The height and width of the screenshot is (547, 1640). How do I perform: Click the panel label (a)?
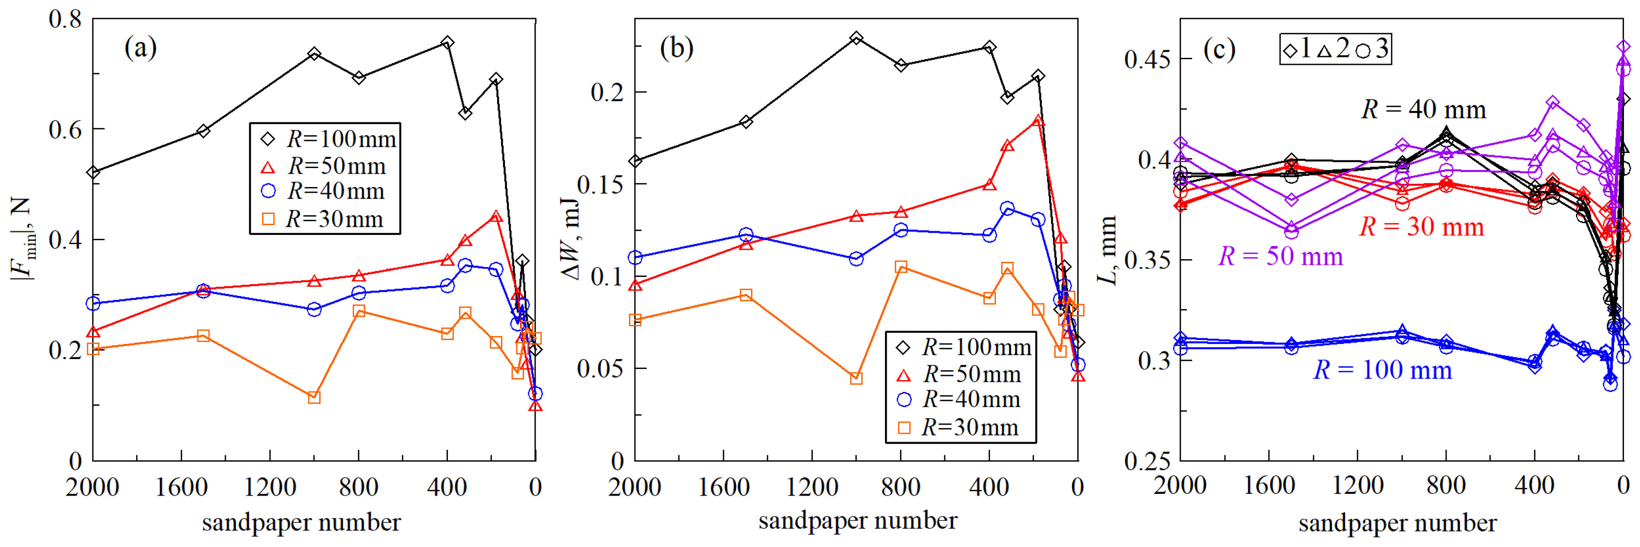[140, 48]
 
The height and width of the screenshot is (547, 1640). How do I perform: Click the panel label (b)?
[676, 48]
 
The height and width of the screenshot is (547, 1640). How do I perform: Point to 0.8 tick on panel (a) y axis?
[66, 19]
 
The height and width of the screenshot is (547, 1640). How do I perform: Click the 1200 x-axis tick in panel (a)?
[270, 487]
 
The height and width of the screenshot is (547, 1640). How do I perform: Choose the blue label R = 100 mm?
[1383, 370]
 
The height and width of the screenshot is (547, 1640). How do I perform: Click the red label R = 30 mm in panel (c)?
[1421, 227]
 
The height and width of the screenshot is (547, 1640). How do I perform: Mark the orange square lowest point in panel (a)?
[314, 398]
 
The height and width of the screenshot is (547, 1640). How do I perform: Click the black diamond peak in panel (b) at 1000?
[856, 38]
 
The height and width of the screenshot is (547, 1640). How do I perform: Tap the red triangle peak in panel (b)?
[1038, 121]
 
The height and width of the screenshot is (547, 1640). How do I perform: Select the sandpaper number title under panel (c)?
[1397, 523]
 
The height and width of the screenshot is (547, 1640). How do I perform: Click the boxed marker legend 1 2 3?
[1335, 49]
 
